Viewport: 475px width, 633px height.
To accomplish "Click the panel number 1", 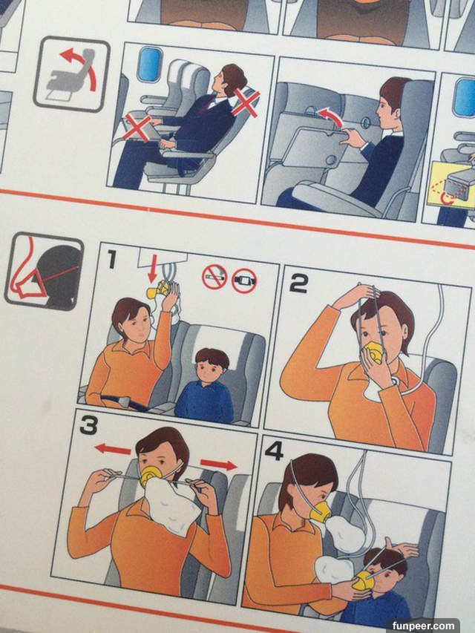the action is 112,259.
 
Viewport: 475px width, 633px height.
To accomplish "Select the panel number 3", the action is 88,425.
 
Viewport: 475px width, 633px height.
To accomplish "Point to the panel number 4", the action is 274,451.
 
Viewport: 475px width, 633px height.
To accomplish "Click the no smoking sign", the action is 214,277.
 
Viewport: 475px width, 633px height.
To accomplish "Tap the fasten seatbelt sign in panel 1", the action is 244,281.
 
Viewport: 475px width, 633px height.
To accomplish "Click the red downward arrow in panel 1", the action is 152,271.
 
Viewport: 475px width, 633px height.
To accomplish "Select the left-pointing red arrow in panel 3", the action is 113,449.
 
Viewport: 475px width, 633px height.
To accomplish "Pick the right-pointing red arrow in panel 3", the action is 218,465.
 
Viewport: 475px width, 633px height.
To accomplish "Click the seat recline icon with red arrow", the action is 72,74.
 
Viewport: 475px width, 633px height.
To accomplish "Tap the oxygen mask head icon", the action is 45,272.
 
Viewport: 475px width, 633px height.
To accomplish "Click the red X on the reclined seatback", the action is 246,102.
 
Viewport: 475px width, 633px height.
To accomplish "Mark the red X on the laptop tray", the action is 137,127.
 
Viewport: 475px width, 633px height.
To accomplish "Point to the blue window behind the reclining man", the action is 149,65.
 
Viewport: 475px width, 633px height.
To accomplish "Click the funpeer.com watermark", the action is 422,626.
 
